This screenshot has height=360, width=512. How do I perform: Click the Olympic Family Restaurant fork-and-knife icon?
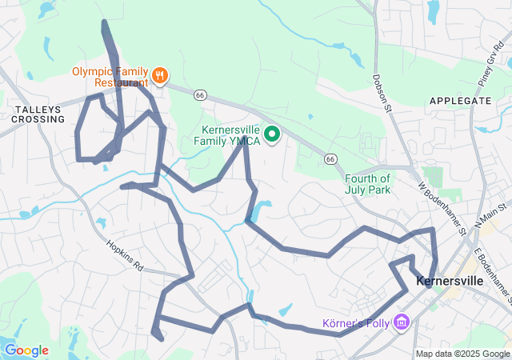pyautogui.click(x=160, y=75)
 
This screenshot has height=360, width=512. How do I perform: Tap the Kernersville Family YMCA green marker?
pyautogui.click(x=271, y=134)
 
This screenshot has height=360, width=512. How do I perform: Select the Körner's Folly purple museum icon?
pyautogui.click(x=402, y=323)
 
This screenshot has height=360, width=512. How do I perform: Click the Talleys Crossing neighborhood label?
pyautogui.click(x=38, y=113)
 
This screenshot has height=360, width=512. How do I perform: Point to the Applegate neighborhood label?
pyautogui.click(x=460, y=101)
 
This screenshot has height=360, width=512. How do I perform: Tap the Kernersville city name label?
pyautogui.click(x=450, y=282)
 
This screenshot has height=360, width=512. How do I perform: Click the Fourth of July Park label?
pyautogui.click(x=368, y=184)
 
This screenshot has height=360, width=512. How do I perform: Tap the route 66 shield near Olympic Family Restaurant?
pyautogui.click(x=200, y=94)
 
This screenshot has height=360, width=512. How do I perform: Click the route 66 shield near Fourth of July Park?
pyautogui.click(x=330, y=159)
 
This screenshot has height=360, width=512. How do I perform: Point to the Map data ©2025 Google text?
pyautogui.click(x=462, y=354)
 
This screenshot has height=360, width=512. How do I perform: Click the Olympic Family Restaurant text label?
pyautogui.click(x=110, y=77)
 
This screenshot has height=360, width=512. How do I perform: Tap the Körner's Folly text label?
pyautogui.click(x=356, y=324)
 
